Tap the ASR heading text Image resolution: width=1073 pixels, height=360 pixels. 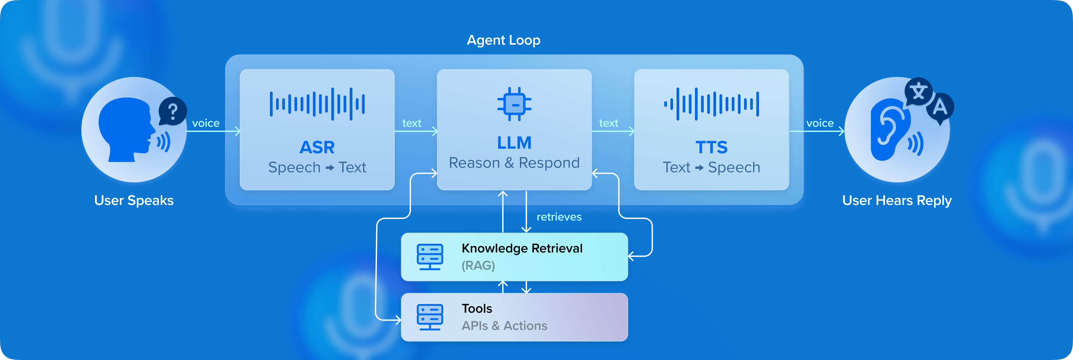click(x=317, y=147)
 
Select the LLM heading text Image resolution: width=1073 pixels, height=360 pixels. click(x=514, y=143)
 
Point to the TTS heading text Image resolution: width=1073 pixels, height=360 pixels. click(x=711, y=147)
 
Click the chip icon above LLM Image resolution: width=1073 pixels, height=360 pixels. click(x=514, y=104)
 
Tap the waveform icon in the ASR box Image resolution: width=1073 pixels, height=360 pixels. click(x=317, y=104)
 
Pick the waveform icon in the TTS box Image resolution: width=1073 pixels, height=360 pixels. click(x=711, y=104)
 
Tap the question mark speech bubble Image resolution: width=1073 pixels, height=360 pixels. click(x=172, y=111)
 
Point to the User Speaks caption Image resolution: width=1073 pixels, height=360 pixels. click(x=134, y=200)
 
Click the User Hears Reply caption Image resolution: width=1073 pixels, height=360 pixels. click(x=896, y=200)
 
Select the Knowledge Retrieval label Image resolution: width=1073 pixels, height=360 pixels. click(x=522, y=248)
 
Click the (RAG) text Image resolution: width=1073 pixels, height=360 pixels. click(x=478, y=265)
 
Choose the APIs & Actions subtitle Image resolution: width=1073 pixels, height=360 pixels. click(x=504, y=325)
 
